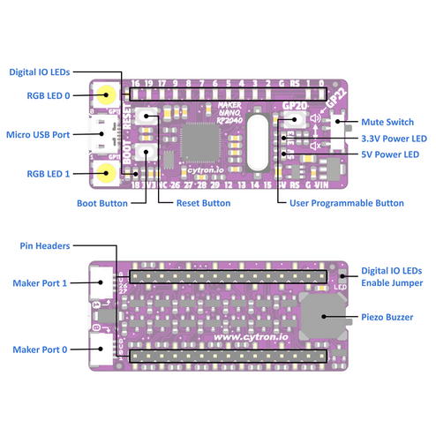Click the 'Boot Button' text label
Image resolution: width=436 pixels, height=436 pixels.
pyautogui.click(x=102, y=203)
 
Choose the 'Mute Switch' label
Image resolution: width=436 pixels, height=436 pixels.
pyautogui.click(x=386, y=122)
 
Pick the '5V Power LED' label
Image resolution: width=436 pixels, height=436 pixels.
pyautogui.click(x=388, y=155)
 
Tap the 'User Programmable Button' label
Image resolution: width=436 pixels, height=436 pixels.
pyautogui.click(x=347, y=203)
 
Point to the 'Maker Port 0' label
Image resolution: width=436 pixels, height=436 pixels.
pyautogui.click(x=41, y=350)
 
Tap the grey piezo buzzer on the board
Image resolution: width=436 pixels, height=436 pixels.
pyautogui.click(x=322, y=317)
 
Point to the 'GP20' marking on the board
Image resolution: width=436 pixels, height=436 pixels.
pyautogui.click(x=294, y=104)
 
